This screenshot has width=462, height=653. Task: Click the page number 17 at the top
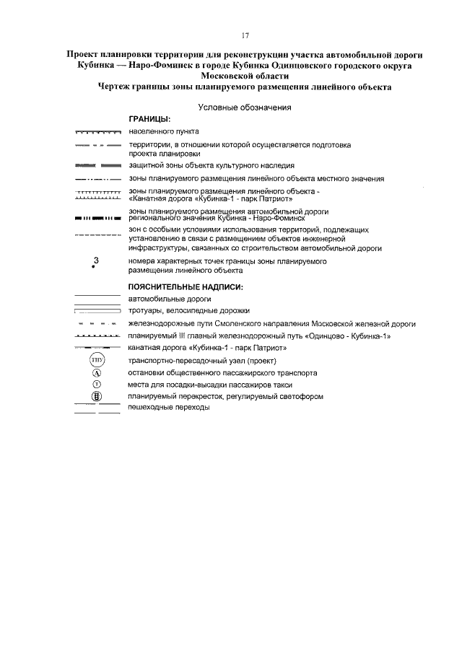[x=245, y=35]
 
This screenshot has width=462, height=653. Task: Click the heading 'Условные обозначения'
[x=244, y=107]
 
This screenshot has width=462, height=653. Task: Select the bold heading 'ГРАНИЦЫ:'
[x=149, y=119]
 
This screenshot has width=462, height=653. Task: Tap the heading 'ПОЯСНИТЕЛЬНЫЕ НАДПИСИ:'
[x=186, y=287]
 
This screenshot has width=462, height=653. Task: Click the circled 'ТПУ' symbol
[x=97, y=360]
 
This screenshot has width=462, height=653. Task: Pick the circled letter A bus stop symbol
[x=97, y=373]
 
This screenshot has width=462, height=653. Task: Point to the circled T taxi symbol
[x=97, y=385]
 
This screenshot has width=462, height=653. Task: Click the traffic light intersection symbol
[x=97, y=396]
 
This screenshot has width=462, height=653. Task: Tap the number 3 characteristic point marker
[x=95, y=262]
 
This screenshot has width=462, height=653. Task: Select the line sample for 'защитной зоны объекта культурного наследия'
[x=97, y=165]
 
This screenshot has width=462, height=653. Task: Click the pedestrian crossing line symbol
[x=97, y=409]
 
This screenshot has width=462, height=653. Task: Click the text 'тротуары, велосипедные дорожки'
[x=189, y=310]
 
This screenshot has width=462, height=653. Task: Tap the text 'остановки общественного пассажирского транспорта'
[x=222, y=373]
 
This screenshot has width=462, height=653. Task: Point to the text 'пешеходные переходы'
[x=169, y=408]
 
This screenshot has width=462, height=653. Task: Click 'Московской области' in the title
[x=245, y=76]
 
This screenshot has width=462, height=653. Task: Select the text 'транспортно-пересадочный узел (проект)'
[x=203, y=361]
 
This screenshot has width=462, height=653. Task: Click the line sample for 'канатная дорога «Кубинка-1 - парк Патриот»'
[x=97, y=348]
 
